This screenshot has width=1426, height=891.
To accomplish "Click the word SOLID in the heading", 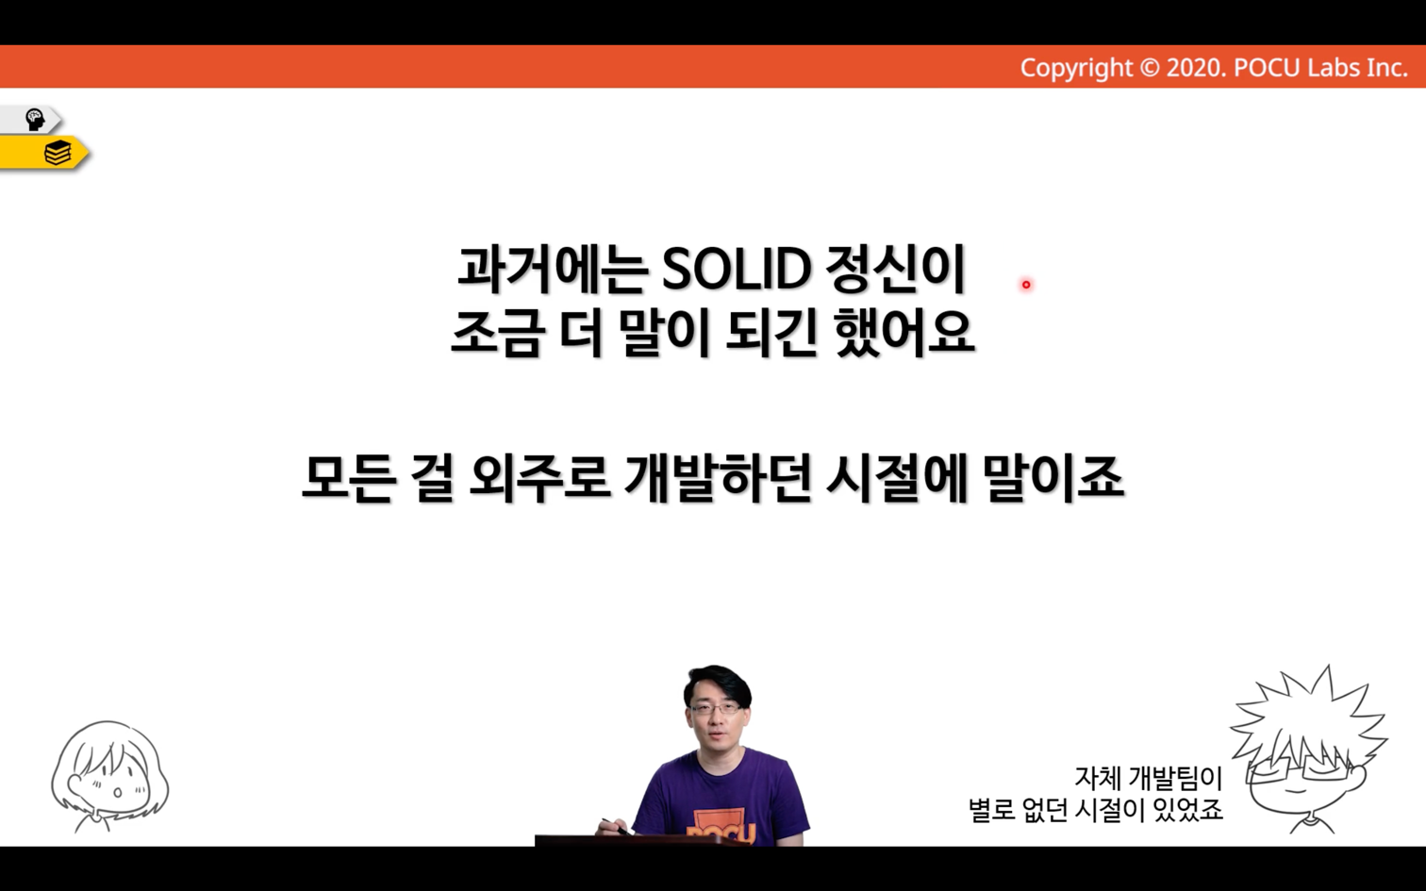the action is point(736,269).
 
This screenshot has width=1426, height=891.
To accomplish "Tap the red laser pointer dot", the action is point(1025,285).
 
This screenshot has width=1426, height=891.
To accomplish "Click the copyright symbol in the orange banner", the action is point(1149,68).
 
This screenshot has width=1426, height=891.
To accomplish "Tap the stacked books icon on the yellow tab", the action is point(58,153).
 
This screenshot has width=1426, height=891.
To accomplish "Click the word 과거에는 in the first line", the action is point(552,269).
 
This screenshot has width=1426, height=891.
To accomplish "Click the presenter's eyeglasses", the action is point(716,708).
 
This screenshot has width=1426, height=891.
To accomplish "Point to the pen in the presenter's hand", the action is point(616,827).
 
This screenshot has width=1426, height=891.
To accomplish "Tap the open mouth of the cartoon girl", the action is point(117,793).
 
